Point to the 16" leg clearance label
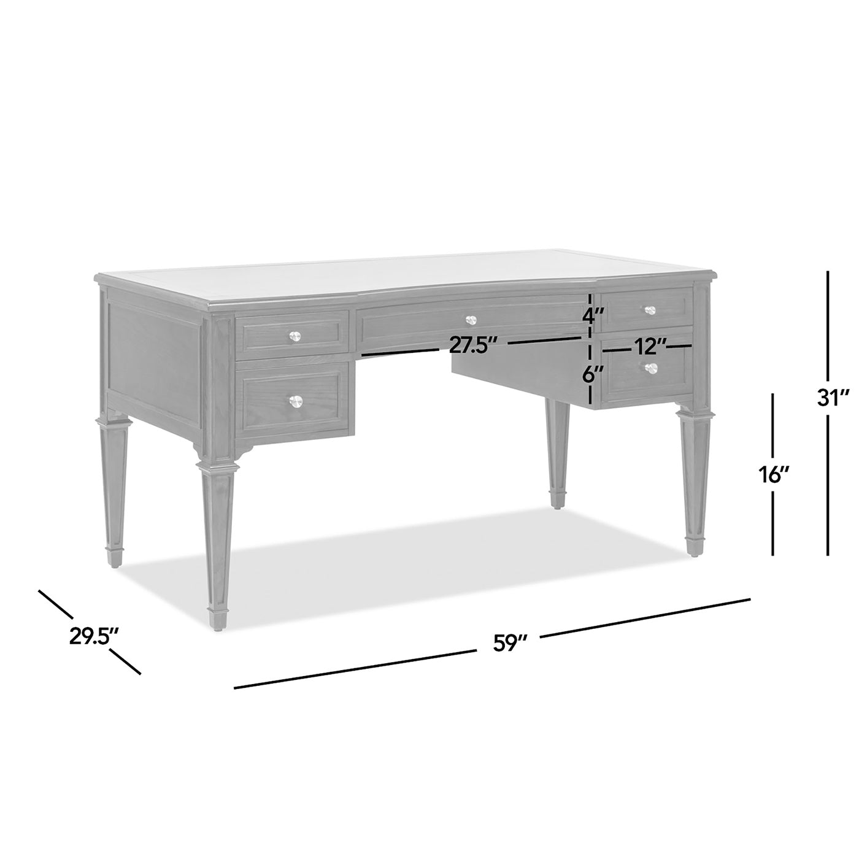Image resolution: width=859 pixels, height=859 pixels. click(x=773, y=474)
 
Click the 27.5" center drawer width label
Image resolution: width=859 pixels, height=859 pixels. click(x=472, y=345)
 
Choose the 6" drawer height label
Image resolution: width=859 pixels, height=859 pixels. click(x=590, y=374)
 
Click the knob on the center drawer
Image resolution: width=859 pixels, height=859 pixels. click(x=471, y=320)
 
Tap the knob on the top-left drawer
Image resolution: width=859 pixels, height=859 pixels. click(x=296, y=336)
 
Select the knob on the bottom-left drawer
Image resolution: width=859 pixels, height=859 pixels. click(x=296, y=401)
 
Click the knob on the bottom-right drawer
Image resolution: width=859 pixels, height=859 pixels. click(x=651, y=368)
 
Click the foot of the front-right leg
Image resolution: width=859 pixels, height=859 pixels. click(x=693, y=547)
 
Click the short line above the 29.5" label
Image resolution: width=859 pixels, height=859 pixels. click(x=55, y=604)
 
